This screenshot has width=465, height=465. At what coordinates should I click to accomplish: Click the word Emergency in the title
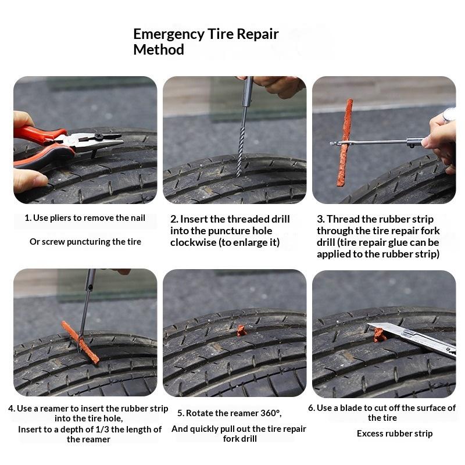click(x=169, y=34)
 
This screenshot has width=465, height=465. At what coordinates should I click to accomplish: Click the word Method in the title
click(x=159, y=49)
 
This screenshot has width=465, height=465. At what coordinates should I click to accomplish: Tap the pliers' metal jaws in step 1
click(x=98, y=142)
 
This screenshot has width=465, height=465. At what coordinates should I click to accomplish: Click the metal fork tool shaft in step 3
click(x=377, y=142)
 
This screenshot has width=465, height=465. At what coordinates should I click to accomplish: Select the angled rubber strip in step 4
click(x=80, y=342)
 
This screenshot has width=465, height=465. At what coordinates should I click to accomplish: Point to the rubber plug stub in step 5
click(x=241, y=330)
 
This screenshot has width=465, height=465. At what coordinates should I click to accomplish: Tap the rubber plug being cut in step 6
click(x=379, y=335)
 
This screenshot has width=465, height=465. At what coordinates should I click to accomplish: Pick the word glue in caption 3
click(x=395, y=242)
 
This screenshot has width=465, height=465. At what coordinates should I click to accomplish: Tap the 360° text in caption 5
click(x=270, y=413)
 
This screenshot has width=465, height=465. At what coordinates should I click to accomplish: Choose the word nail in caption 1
click(x=138, y=218)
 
